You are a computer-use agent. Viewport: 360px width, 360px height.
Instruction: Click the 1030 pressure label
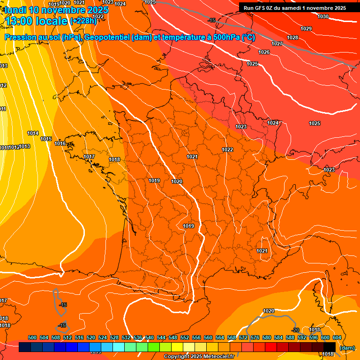point(323,16)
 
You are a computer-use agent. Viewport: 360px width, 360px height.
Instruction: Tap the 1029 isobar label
point(306,29)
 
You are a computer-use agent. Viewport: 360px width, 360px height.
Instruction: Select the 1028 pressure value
point(292,37)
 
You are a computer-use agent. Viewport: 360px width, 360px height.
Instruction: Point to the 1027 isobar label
point(277,44)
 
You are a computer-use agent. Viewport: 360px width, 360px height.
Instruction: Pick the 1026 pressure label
point(264,52)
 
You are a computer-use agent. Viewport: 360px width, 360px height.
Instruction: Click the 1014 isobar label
point(33,133)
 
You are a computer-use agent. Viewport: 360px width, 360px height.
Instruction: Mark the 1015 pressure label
point(46,139)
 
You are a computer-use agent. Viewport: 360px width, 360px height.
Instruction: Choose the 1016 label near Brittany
point(60,143)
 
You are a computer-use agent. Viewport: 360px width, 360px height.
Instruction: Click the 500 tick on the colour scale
point(32,337)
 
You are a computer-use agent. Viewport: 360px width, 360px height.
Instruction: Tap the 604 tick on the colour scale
point(337,337)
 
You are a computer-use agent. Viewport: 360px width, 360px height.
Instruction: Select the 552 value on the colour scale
point(185,337)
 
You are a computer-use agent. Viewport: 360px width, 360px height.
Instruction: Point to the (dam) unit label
point(347,348)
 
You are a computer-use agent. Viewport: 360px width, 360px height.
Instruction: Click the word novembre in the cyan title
point(67,10)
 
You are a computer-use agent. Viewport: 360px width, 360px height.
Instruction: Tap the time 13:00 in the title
point(20,21)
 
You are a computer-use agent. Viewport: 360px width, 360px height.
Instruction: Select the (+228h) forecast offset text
point(83,21)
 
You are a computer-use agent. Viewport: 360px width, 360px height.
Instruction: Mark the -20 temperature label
point(295,330)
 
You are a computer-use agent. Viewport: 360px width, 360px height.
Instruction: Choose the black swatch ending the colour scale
point(330,347)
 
